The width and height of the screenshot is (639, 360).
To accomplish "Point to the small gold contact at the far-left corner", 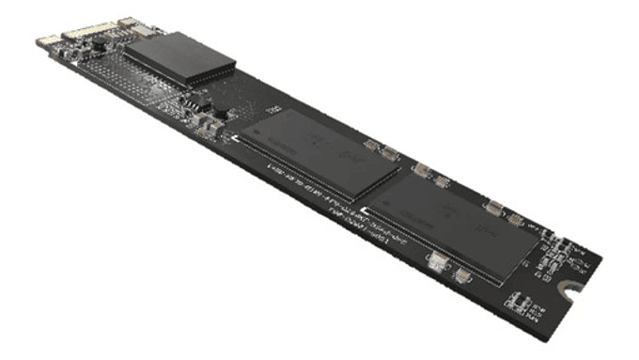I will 43,41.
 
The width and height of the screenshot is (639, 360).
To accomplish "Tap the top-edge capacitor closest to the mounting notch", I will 515,218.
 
